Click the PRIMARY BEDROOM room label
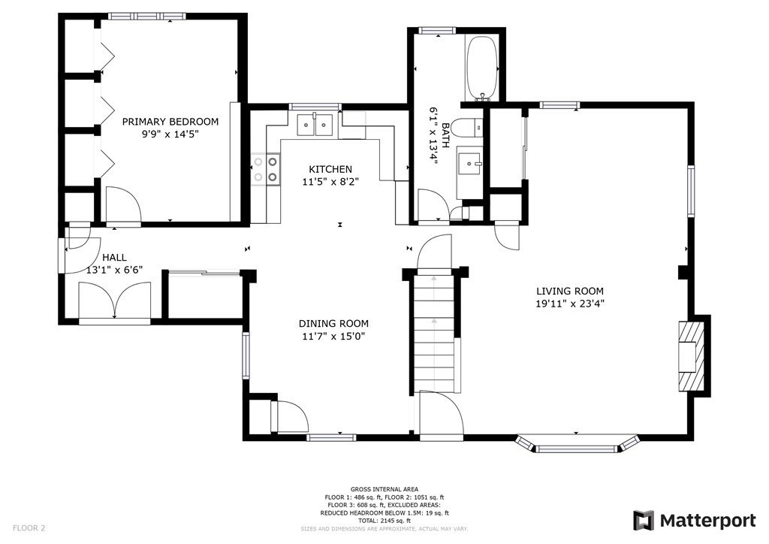click(170, 122)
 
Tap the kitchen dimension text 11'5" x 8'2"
click(330, 182)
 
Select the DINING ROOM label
click(333, 324)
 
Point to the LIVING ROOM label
click(570, 291)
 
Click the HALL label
click(114, 258)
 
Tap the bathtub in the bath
click(482, 68)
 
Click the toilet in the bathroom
click(467, 128)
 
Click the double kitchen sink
click(315, 124)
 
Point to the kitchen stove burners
click(265, 169)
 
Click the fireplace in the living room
click(692, 355)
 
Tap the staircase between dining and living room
click(435, 332)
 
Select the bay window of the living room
click(576, 443)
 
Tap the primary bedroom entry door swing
click(123, 204)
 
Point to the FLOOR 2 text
click(29, 528)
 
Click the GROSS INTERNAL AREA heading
click(384, 489)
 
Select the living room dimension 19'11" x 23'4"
click(570, 304)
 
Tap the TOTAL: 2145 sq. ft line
click(384, 521)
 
